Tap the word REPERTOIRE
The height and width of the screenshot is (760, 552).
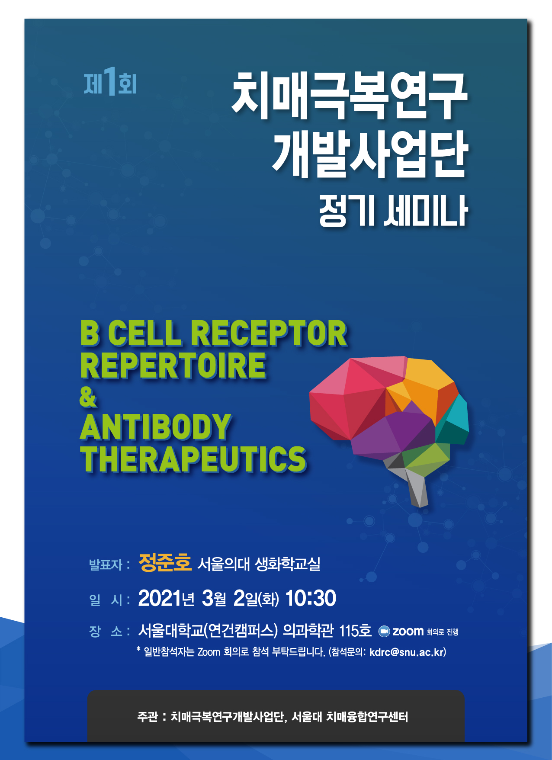click(x=173, y=366)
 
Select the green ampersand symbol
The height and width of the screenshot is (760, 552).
click(x=88, y=397)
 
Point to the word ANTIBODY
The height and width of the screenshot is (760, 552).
click(x=156, y=427)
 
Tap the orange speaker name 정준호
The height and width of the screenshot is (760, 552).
click(x=165, y=563)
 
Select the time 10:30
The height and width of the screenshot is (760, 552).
click(x=311, y=599)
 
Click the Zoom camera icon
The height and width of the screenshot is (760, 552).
click(x=384, y=632)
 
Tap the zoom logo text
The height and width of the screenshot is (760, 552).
click(x=408, y=632)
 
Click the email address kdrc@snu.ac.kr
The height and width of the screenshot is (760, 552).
click(x=407, y=652)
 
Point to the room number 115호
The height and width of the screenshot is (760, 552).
click(x=355, y=631)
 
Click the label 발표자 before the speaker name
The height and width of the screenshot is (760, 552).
click(x=106, y=564)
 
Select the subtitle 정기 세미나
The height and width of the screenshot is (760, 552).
click(x=393, y=211)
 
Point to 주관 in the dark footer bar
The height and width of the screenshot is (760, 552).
click(x=148, y=717)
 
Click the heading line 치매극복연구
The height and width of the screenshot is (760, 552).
click(x=350, y=96)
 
